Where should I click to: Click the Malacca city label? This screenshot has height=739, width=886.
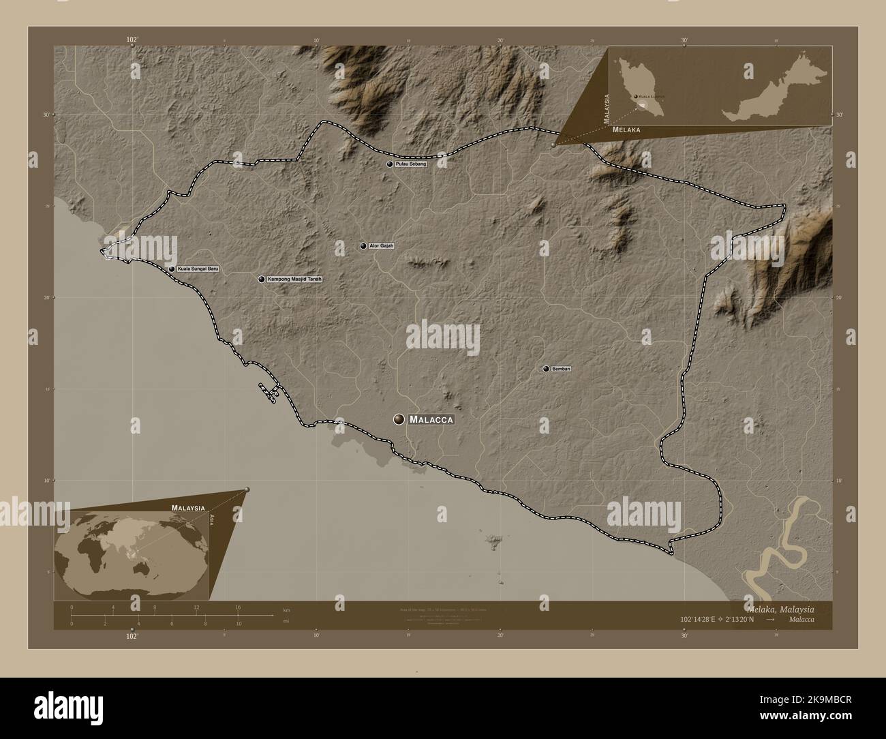tap(431, 420)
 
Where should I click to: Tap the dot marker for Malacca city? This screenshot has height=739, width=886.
tap(398, 420)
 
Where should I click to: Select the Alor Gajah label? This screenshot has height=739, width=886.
tap(382, 245)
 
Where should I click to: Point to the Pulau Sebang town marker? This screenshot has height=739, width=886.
tap(390, 164)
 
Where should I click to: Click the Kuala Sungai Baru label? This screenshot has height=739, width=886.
tap(198, 269)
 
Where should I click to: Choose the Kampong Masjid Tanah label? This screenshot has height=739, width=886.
tap(294, 279)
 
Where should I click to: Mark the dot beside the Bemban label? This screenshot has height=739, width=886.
tap(546, 369)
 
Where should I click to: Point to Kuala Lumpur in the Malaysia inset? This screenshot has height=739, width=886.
tap(637, 97)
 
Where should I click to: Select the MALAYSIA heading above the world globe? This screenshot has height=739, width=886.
tap(188, 509)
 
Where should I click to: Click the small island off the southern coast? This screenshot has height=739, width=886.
tap(491, 542)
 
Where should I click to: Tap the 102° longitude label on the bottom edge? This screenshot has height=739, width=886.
tap(132, 636)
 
